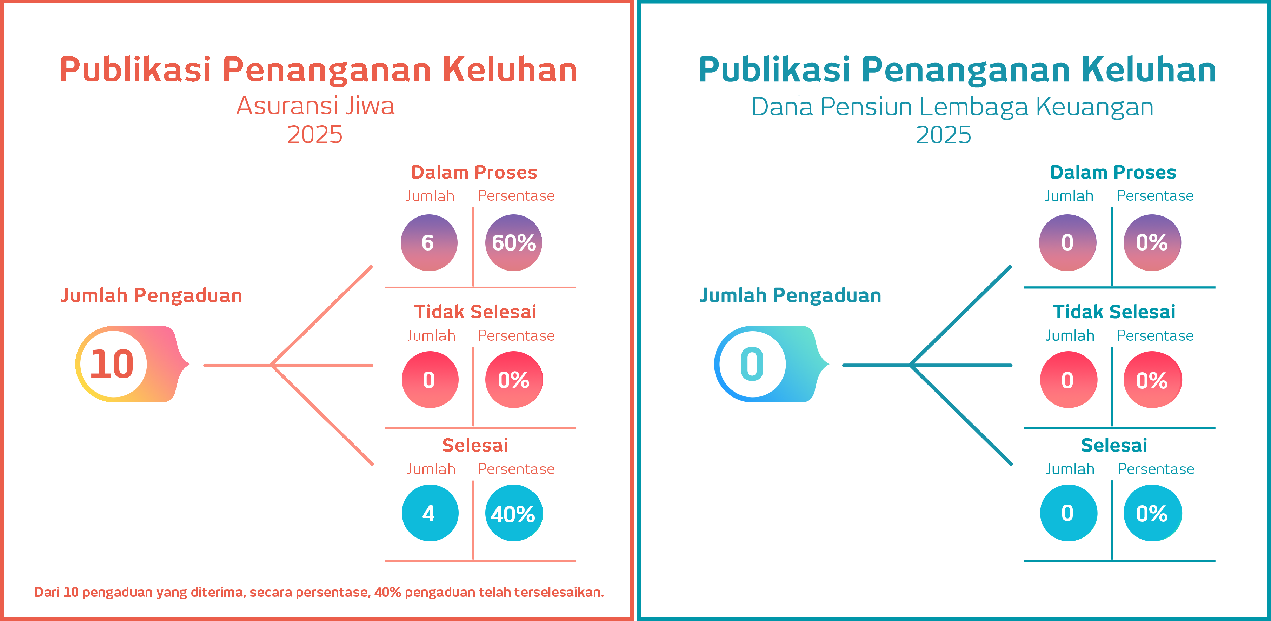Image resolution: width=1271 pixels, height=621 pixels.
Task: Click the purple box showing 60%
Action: (513, 243)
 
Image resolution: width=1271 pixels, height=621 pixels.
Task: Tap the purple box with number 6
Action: (428, 243)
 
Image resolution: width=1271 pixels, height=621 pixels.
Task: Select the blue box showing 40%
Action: (513, 513)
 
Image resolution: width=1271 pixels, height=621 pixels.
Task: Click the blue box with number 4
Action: (429, 513)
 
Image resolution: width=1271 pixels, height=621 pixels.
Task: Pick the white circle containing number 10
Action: (113, 364)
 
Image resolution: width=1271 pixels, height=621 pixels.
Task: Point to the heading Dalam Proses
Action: (474, 172)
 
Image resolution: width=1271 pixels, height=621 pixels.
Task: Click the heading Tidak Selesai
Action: (475, 312)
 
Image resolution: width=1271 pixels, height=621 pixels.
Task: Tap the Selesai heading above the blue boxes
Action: (475, 446)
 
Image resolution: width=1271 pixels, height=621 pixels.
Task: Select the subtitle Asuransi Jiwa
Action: (315, 106)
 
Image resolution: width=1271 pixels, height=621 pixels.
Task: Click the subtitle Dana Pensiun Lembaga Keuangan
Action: (952, 107)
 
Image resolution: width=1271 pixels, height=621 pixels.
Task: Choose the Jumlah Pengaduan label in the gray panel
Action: (152, 295)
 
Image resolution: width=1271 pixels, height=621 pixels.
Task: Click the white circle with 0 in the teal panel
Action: (752, 364)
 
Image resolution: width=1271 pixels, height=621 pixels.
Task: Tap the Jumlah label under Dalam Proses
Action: (430, 196)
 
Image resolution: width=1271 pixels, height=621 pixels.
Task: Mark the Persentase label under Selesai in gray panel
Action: (516, 469)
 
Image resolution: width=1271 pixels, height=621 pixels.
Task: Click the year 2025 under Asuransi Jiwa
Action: (315, 134)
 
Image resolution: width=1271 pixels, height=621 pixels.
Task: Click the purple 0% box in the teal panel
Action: (1152, 243)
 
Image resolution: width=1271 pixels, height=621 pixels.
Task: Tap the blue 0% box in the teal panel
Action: (1152, 513)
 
